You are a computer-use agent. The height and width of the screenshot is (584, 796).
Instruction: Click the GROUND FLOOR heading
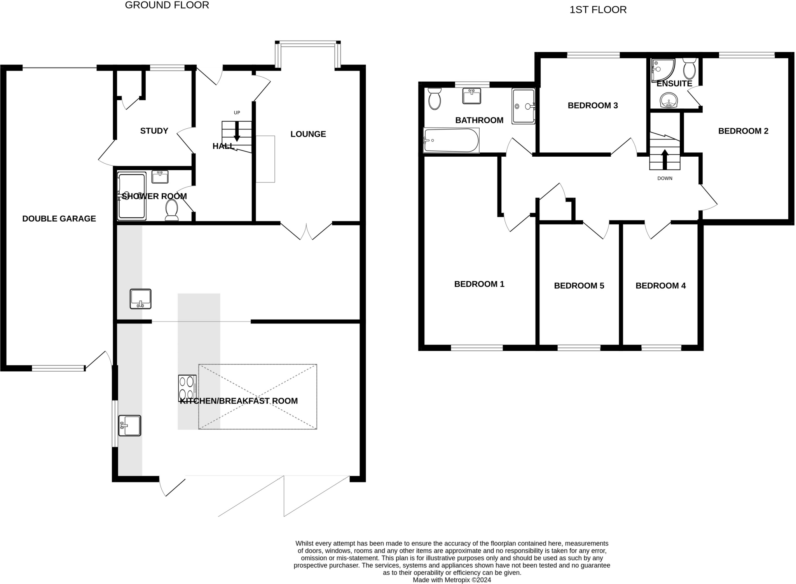pos(167,5)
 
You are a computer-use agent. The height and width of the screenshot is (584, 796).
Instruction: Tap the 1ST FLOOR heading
pos(598,10)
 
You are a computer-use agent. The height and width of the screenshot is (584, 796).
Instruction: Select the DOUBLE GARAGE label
pos(59,219)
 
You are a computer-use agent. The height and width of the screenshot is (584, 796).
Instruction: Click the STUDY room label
pos(154,131)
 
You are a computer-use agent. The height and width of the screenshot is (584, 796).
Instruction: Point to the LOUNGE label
pos(308,134)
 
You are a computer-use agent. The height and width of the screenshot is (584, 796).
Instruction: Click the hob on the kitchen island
pos(187,388)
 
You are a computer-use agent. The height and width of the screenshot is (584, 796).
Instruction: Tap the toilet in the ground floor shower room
pos(171,210)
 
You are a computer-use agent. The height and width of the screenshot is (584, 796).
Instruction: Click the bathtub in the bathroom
pos(451,140)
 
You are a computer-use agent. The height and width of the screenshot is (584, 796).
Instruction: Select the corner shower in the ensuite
pos(662,70)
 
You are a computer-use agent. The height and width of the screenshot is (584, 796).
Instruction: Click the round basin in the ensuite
pos(669,100)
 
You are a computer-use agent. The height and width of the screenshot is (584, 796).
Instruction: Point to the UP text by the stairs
pos(237,113)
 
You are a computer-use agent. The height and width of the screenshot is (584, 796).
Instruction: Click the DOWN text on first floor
pos(665,178)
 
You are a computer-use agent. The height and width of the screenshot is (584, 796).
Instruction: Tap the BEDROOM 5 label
pos(579,286)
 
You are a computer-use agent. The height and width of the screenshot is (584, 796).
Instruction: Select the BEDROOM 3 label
pos(592,105)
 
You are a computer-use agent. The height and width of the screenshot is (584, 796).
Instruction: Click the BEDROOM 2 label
pos(743,131)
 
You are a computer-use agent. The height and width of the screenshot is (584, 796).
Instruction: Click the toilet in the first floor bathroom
pos(434,99)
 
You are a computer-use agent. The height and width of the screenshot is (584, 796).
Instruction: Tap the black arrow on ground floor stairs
pos(237,132)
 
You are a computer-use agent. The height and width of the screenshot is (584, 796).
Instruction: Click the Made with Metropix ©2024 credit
pos(452,580)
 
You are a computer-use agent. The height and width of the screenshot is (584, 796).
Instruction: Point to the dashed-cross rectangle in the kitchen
pos(257,397)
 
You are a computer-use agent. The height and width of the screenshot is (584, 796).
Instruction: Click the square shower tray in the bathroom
pos(523,106)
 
